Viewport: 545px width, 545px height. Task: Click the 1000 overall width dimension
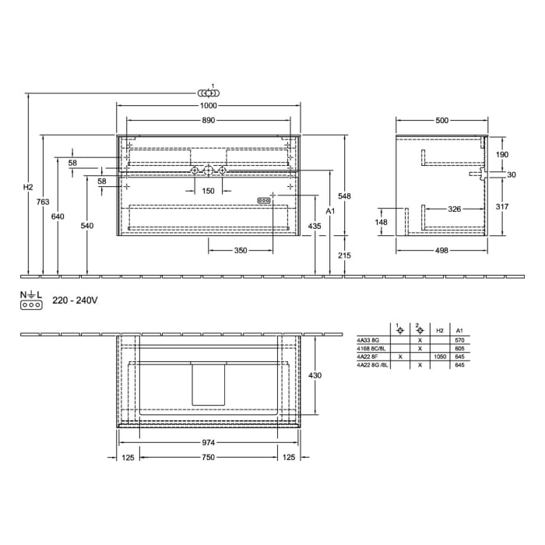(x=208, y=106)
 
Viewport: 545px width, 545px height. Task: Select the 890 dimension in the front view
(x=208, y=121)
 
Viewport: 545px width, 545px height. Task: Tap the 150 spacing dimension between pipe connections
(x=208, y=191)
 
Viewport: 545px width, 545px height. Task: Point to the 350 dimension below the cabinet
(x=241, y=251)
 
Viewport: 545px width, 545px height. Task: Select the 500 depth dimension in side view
(x=441, y=121)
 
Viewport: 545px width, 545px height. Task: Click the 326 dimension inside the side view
(x=456, y=209)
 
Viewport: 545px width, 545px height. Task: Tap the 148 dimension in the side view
(x=381, y=222)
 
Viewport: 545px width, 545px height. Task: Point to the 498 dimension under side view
(x=441, y=251)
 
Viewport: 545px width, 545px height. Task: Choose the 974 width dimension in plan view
(x=208, y=441)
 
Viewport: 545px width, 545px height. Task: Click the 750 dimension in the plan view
(x=208, y=458)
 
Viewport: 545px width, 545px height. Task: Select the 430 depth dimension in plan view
(x=315, y=375)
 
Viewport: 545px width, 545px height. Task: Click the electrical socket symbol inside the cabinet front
(x=264, y=200)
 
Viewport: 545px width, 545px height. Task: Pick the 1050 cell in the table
(x=440, y=356)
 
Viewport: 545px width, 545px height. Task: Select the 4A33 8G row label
(x=367, y=340)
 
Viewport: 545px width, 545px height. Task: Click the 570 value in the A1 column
(x=459, y=340)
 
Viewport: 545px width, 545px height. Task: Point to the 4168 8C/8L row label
(x=371, y=348)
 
